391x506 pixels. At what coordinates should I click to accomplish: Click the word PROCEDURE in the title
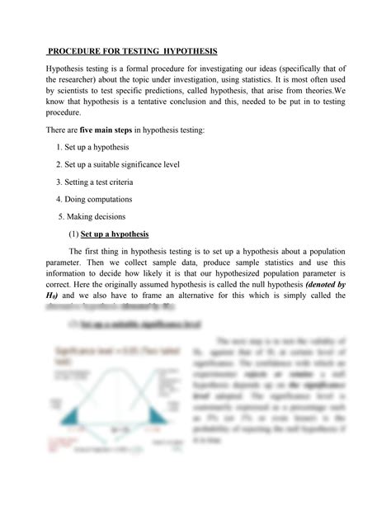(78, 51)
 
